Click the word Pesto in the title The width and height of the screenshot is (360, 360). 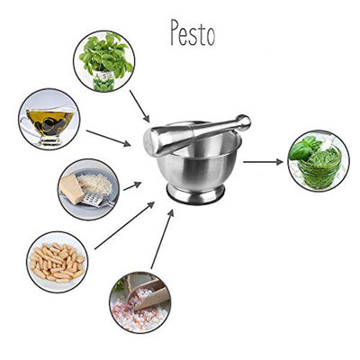tap(193, 32)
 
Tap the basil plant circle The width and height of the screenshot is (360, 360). tap(104, 61)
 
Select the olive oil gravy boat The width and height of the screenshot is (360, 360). tap(47, 123)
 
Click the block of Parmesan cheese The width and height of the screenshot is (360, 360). tap(71, 188)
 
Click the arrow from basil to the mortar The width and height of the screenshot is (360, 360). tap(139, 106)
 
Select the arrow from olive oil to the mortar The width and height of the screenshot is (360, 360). tap(108, 139)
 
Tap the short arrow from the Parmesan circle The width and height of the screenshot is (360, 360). tap(132, 186)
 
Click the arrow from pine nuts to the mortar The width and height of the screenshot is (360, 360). tap(124, 225)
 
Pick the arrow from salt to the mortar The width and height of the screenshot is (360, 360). tap(162, 239)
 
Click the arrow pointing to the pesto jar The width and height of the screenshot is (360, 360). tap(263, 162)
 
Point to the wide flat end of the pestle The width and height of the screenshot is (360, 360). tap(150, 142)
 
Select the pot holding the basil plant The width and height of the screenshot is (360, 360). tap(103, 80)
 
